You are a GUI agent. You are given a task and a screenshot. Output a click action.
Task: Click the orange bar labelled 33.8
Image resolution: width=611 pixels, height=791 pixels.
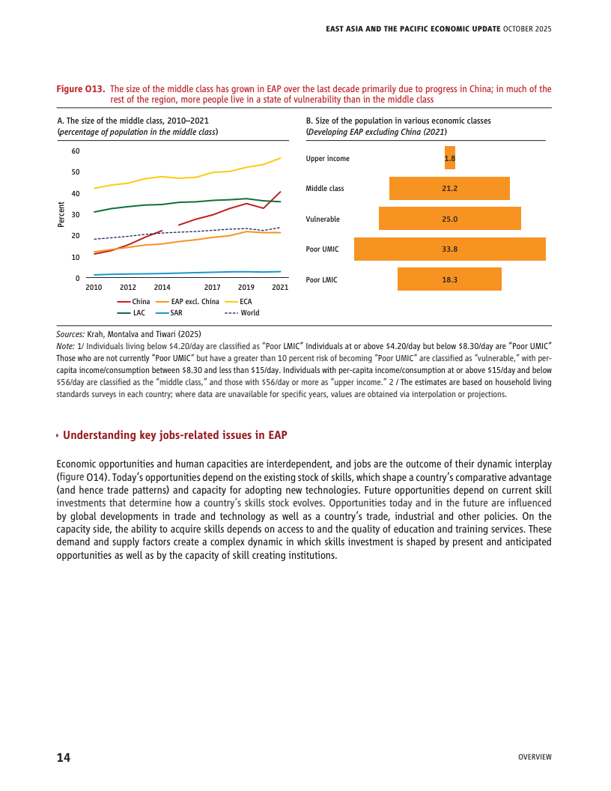pos(449,249)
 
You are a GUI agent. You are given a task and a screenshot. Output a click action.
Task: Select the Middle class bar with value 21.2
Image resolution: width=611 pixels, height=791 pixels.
pos(449,188)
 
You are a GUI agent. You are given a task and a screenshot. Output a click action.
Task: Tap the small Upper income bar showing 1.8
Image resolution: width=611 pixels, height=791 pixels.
pos(449,158)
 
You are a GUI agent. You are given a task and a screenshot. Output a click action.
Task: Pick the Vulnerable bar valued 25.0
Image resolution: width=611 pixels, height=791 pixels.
pos(449,219)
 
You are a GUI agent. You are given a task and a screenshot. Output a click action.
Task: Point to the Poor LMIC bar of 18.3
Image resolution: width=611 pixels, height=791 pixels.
pos(449,279)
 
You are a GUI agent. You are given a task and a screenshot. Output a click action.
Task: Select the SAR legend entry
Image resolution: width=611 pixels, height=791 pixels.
pos(169,312)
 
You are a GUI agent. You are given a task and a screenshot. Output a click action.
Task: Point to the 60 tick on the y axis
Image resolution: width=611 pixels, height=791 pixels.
pos(76,151)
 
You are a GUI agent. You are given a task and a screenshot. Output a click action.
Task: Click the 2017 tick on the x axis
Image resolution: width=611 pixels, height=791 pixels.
pos(212,287)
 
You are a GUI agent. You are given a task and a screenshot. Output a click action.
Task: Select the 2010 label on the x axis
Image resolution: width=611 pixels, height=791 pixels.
pos(94,287)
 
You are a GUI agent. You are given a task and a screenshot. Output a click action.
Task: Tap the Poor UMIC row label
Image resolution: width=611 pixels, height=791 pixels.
pos(323,249)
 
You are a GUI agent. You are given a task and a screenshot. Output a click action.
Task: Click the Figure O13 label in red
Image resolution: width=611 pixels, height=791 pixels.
pos(80,89)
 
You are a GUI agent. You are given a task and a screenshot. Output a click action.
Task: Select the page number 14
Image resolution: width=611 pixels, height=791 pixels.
pos(64,757)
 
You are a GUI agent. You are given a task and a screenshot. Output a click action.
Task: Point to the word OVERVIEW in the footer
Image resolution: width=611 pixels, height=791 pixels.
pos(535,757)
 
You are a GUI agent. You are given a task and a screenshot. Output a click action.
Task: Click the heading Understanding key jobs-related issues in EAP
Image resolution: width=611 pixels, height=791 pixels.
pos(174,435)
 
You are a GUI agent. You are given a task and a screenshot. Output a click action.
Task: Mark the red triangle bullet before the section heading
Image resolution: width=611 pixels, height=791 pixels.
pos(58,436)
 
